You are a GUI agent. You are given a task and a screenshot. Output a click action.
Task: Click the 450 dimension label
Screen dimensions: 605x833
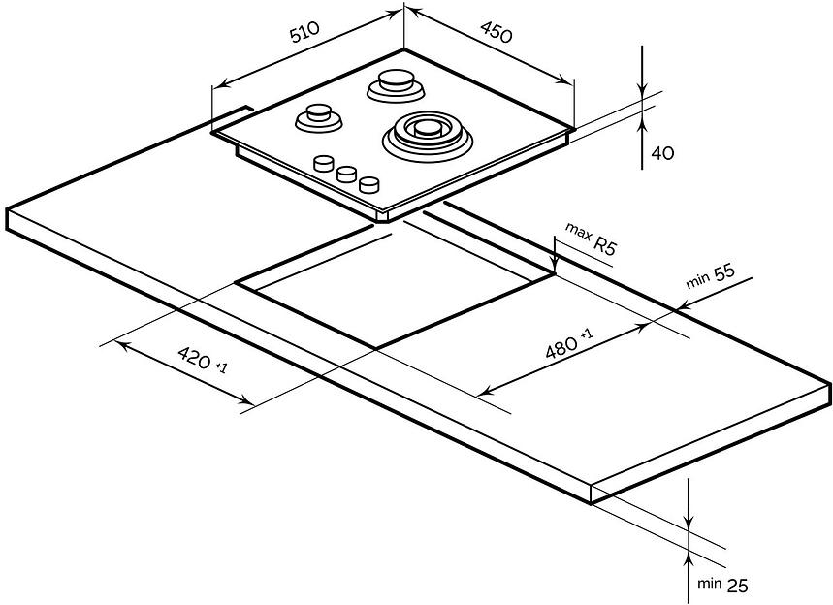[496, 36]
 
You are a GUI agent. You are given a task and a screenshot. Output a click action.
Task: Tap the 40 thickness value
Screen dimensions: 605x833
[662, 153]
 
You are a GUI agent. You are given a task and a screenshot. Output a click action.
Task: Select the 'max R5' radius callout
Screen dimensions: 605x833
[591, 242]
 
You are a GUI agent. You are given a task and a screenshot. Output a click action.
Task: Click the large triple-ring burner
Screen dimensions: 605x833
[429, 132]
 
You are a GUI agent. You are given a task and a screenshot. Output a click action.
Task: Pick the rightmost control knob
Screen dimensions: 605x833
[368, 183]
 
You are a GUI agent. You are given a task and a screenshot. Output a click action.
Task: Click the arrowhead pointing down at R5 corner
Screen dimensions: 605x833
[553, 268]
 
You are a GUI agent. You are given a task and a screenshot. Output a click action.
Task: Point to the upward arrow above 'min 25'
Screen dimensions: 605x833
[688, 557]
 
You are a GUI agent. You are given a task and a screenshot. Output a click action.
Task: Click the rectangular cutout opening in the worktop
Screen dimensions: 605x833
[393, 296]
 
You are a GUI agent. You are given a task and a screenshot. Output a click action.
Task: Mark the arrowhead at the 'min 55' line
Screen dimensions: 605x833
[681, 306]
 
